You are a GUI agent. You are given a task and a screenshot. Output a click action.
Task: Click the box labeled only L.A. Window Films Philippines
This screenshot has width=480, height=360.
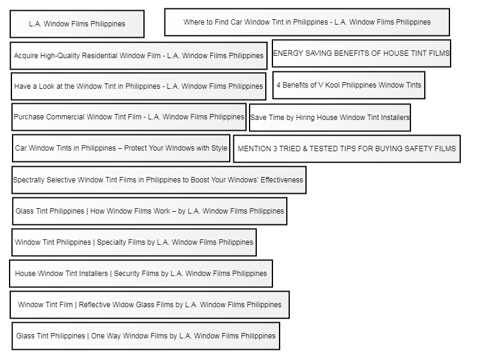click(x=77, y=24)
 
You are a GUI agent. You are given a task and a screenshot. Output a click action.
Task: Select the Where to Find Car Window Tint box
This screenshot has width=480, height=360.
click(x=307, y=22)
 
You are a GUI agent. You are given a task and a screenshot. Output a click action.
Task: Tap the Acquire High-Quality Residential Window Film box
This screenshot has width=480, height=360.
click(x=139, y=56)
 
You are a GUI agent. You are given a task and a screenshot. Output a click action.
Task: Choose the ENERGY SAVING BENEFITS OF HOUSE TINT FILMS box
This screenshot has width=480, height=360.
click(x=361, y=53)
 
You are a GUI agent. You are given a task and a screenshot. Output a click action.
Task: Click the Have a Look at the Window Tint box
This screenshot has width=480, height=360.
click(x=139, y=86)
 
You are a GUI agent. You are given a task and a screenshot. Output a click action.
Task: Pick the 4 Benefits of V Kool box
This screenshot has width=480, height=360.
click(x=349, y=85)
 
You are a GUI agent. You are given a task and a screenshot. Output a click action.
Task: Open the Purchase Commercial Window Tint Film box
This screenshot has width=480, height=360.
click(x=129, y=117)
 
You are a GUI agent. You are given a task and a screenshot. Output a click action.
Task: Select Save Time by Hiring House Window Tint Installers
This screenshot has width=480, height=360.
click(x=330, y=118)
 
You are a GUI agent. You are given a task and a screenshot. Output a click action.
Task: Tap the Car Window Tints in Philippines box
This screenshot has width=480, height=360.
click(x=121, y=148)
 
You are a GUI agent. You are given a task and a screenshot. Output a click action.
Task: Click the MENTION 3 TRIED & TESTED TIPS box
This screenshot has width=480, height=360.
click(x=347, y=149)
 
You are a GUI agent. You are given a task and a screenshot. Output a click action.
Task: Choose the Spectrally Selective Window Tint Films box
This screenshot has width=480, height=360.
click(x=159, y=180)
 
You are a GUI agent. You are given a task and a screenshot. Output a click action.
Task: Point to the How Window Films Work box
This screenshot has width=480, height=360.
click(x=149, y=211)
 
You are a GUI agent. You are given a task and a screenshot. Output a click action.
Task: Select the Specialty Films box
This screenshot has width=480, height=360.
click(x=134, y=242)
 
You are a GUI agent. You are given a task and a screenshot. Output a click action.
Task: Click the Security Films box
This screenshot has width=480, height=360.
click(x=141, y=274)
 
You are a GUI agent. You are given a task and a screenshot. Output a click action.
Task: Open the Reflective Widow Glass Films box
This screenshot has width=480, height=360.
click(x=149, y=305)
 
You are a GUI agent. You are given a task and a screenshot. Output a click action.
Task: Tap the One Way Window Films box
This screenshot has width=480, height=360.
click(x=146, y=336)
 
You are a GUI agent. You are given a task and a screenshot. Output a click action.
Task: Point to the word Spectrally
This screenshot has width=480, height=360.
click(x=28, y=180)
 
